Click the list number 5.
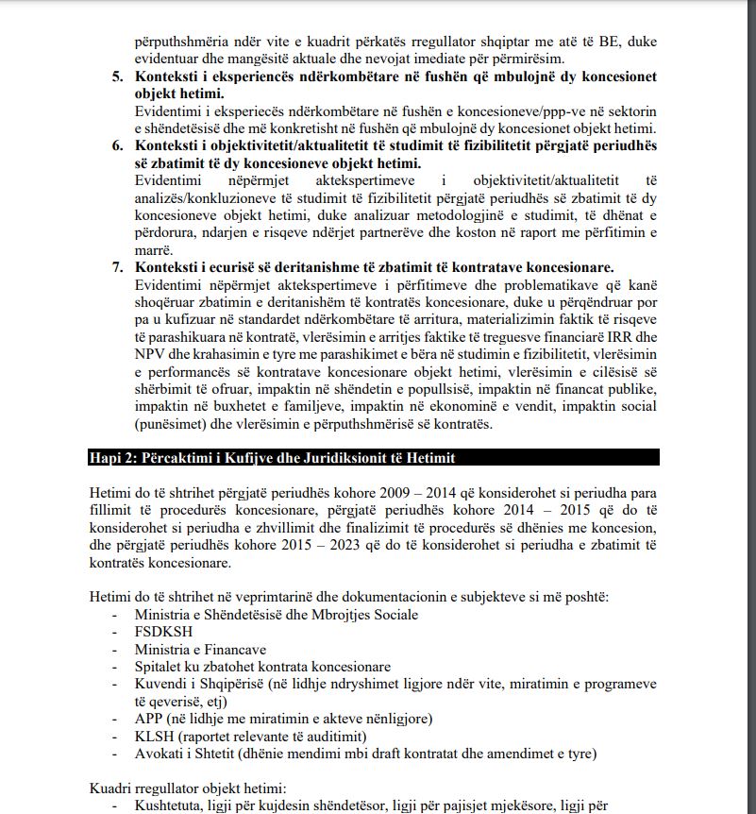pos(117,76)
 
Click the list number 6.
pos(117,146)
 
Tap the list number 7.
pos(117,267)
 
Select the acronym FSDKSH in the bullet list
pos(160,633)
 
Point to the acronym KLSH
pos(153,737)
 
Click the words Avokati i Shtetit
pos(186,754)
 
